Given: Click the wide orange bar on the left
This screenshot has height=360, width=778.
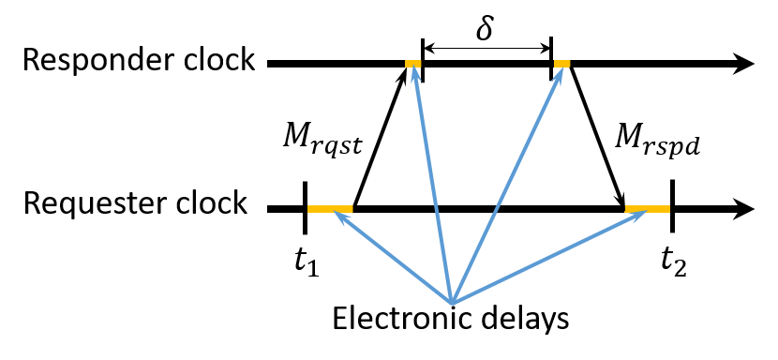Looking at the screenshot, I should click(330, 209).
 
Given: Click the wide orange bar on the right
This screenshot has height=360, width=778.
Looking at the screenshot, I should click(648, 209).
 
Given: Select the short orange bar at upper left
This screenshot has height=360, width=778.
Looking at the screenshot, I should click(413, 64).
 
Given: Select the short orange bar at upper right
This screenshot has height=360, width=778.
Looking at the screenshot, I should click(562, 64).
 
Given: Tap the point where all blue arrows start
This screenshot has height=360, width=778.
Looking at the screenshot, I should click(452, 302).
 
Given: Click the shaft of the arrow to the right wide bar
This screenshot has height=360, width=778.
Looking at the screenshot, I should click(548, 257).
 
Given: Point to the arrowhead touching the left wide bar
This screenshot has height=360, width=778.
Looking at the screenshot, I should click(339, 216).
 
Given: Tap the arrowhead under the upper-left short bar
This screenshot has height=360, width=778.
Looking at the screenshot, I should click(414, 72).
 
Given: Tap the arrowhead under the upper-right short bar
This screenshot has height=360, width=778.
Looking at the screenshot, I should click(559, 73).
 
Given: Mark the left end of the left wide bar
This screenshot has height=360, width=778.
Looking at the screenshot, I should click(309, 209).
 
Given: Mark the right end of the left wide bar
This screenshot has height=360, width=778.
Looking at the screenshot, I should click(352, 209).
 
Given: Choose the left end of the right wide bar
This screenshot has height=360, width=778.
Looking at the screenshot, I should click(627, 209).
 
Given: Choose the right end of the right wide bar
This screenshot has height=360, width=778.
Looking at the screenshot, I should click(668, 209).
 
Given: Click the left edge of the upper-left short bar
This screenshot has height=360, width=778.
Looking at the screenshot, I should click(407, 64).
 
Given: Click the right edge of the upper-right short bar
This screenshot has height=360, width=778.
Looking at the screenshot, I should click(569, 64).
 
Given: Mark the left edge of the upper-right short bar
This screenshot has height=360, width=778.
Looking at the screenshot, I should click(556, 64).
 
